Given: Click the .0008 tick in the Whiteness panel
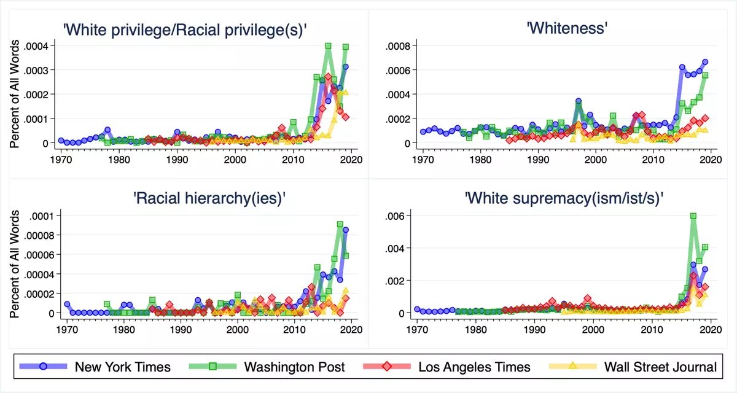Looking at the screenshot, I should tap(401, 46).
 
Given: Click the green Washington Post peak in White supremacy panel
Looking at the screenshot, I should tap(693, 216).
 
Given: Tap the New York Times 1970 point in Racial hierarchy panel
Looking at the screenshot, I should tap(67, 304).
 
